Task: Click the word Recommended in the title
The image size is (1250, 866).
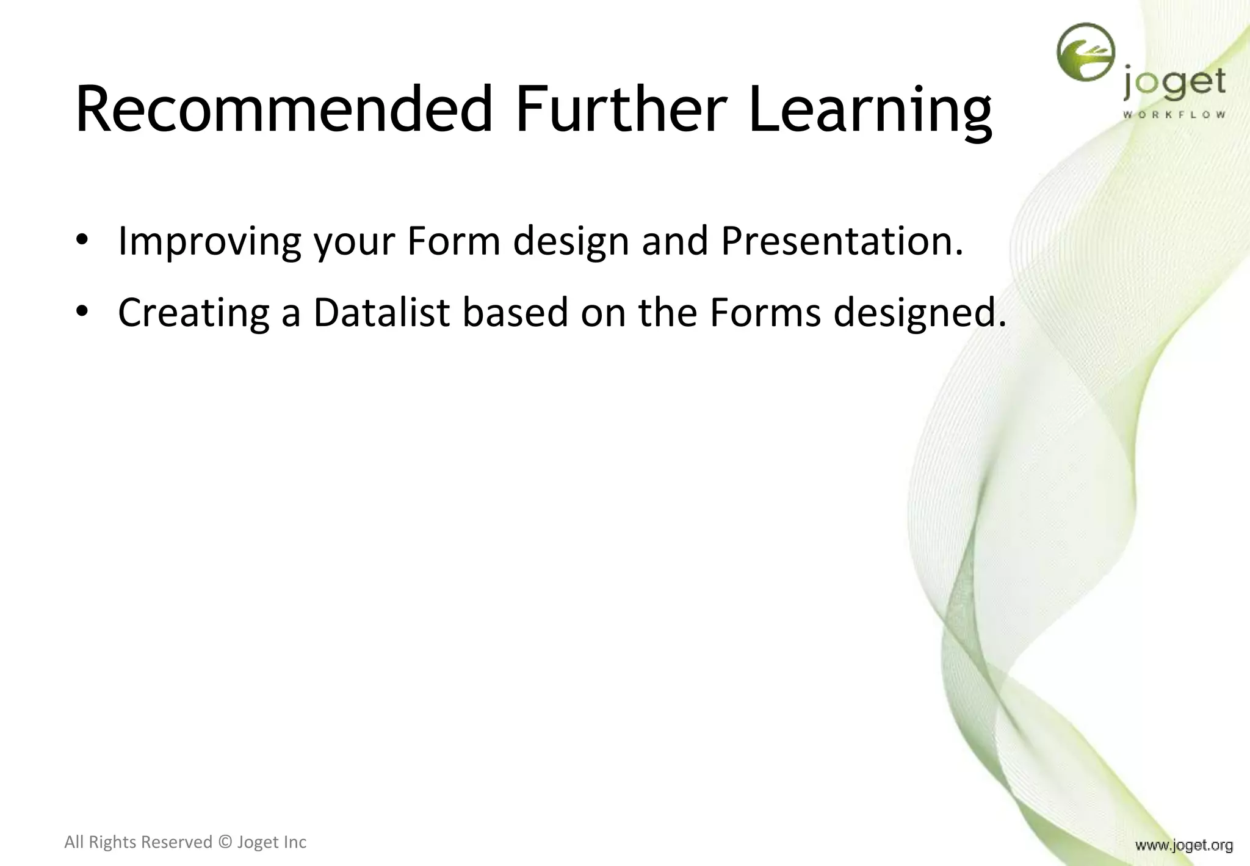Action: tap(284, 110)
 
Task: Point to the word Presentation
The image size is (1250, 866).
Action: tap(842, 241)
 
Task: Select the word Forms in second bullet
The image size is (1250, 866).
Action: tap(765, 313)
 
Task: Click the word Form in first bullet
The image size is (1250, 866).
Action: tap(453, 241)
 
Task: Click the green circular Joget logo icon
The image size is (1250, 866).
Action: tap(1086, 52)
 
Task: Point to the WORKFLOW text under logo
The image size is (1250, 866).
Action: tap(1174, 115)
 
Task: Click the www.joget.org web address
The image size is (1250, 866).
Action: tap(1183, 845)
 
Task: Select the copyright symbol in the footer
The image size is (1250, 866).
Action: tap(225, 842)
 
